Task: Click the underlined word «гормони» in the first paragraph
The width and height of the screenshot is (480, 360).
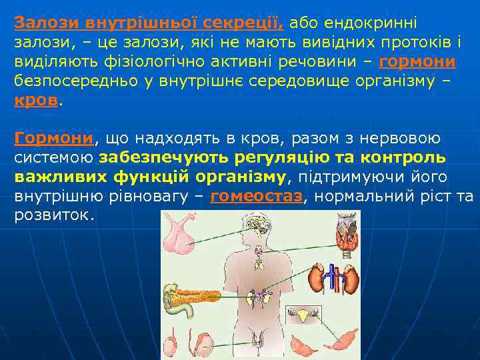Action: [417, 62]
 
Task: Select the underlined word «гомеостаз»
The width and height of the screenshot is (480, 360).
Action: [256, 196]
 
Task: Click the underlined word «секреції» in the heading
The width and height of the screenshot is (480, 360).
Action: [247, 23]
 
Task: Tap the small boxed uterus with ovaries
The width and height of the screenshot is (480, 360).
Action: [303, 314]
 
